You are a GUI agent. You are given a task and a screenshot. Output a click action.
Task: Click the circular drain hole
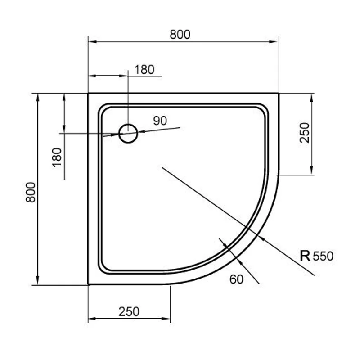click(x=128, y=133)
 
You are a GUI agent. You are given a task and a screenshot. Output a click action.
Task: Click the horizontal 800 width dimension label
click(x=180, y=34)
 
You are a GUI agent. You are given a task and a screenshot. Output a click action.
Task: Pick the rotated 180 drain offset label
click(x=57, y=157)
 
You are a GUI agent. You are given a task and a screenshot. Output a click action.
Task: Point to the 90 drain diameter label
click(x=160, y=121)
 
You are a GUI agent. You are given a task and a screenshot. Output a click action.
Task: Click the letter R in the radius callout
click(x=305, y=256)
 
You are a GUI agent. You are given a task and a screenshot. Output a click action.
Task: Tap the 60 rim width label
click(x=236, y=279)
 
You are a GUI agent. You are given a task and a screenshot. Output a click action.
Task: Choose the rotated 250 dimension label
click(x=305, y=133)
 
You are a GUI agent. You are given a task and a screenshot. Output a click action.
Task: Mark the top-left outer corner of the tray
click(x=88, y=94)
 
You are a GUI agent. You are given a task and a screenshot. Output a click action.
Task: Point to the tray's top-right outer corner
click(x=279, y=94)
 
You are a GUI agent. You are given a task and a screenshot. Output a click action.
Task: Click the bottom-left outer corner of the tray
click(x=88, y=285)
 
